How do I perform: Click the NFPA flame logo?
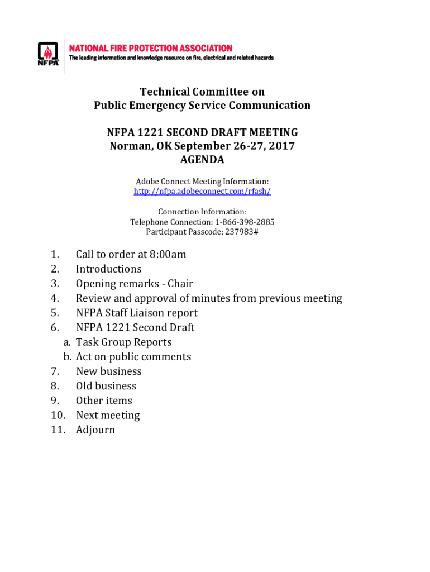pos(47,55)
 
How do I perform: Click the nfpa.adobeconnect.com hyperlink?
pos(202,192)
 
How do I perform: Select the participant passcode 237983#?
pos(241,232)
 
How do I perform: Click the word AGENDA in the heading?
pos(202,160)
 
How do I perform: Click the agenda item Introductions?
pos(109,269)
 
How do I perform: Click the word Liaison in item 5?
pos(145,313)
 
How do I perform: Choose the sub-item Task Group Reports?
pos(124,342)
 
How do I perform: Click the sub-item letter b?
pos(67,357)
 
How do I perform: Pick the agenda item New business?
pos(109,371)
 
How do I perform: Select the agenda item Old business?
pos(106,386)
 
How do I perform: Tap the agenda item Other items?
pos(104,401)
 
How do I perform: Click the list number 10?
pos(58,416)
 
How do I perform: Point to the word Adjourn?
pos(95,430)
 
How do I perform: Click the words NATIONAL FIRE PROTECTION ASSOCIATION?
pos(151,49)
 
